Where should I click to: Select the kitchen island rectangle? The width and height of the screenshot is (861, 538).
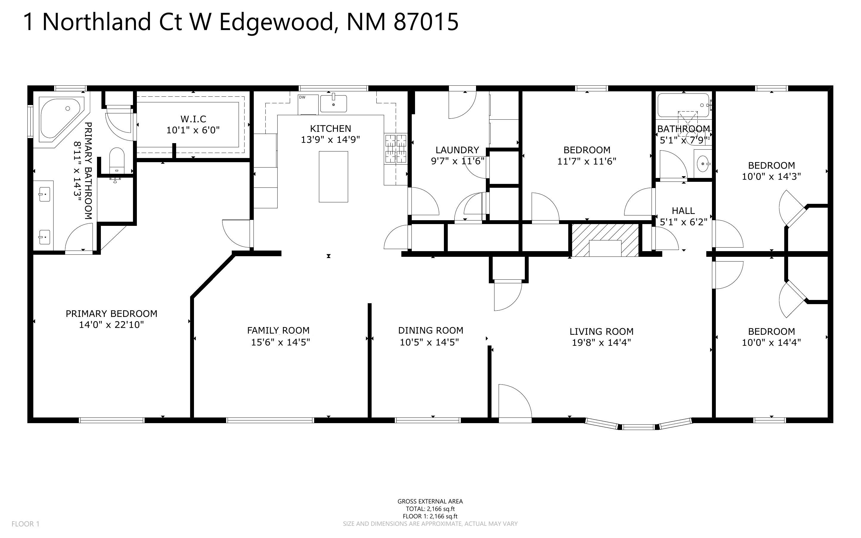(333, 176)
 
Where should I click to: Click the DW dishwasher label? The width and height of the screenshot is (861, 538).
(302, 97)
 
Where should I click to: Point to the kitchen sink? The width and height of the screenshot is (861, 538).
(333, 103)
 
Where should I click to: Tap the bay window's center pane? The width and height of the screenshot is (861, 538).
(638, 427)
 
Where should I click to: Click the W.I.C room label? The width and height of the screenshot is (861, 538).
(193, 119)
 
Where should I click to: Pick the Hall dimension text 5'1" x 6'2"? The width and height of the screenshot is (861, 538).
(683, 222)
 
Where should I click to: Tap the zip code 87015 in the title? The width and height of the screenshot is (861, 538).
(426, 22)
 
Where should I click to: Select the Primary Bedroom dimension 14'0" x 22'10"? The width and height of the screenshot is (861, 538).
(111, 325)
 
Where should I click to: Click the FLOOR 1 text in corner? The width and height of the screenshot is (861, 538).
(25, 524)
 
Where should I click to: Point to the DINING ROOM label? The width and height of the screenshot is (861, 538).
(430, 331)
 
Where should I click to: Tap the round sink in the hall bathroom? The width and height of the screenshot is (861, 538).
(702, 164)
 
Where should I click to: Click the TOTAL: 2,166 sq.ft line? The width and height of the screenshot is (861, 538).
(430, 509)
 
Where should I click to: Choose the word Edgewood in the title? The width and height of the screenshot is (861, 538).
(275, 22)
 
